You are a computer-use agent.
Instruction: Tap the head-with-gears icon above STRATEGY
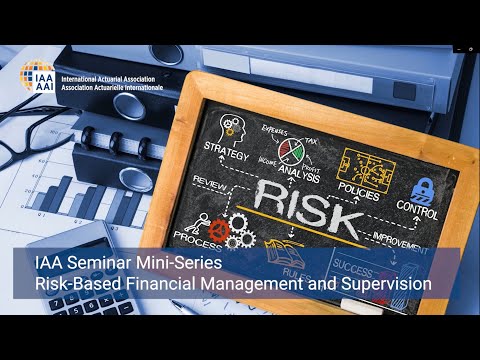coord(232,127)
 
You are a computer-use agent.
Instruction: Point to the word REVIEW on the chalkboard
coord(211,181)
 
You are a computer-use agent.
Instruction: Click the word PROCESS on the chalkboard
coord(198,236)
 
